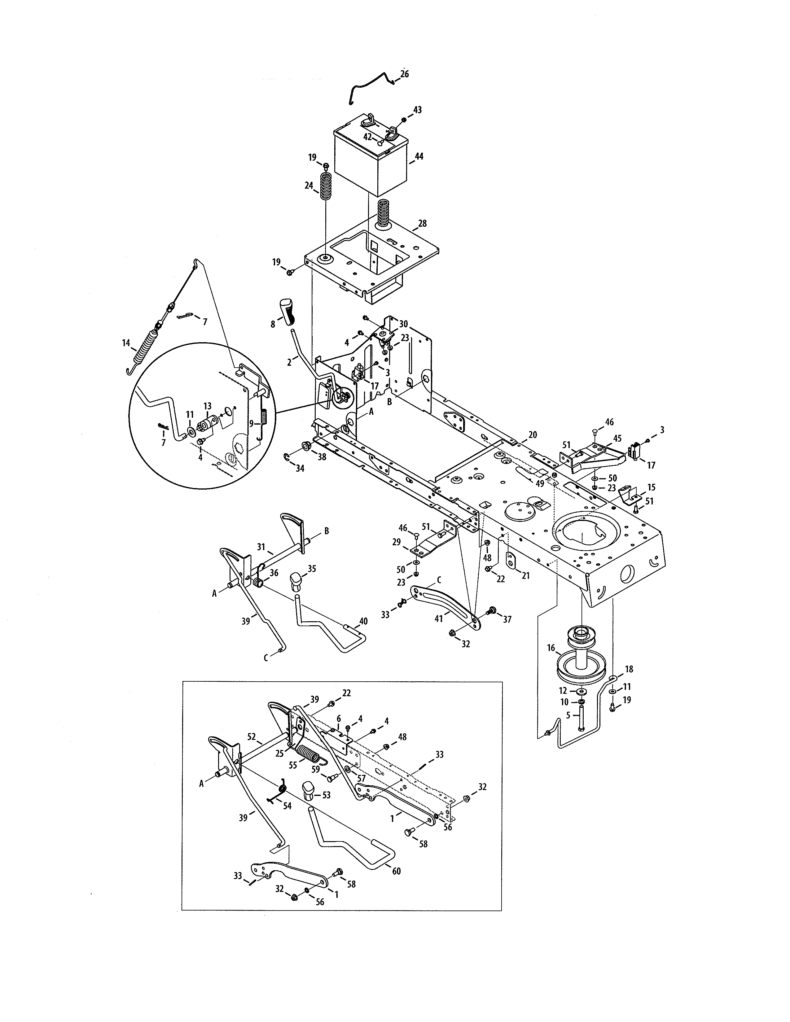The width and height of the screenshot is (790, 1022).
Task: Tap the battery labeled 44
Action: [370, 161]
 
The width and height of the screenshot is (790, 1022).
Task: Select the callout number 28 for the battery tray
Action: [422, 224]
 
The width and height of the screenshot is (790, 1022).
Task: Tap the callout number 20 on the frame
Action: [533, 435]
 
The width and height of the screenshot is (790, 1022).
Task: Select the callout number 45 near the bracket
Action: [617, 439]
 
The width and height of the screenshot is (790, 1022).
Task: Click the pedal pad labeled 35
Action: [296, 580]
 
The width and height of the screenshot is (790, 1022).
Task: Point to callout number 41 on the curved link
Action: [438, 619]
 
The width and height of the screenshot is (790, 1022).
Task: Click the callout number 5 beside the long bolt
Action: [568, 715]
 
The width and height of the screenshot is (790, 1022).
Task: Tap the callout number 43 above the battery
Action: [418, 110]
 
